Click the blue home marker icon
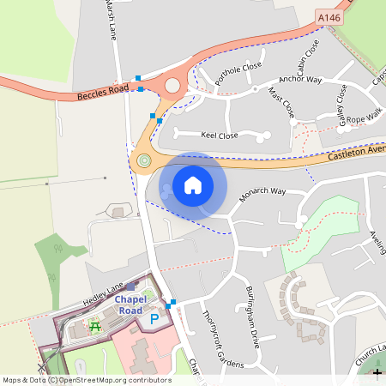pyautogui.click(x=193, y=184)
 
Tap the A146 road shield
pyautogui.click(x=329, y=17)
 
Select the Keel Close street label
pyautogui.click(x=219, y=136)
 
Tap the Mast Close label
pyautogui.click(x=281, y=101)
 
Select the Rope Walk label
pyautogui.click(x=364, y=117)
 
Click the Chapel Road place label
pyautogui.click(x=130, y=304)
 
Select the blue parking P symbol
pyautogui.click(x=155, y=319)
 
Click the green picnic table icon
pyautogui.click(x=95, y=326)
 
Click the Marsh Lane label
pyautogui.click(x=111, y=19)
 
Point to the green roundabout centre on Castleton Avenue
pyautogui.click(x=143, y=160)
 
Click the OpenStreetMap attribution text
pyautogui.click(x=86, y=380)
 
